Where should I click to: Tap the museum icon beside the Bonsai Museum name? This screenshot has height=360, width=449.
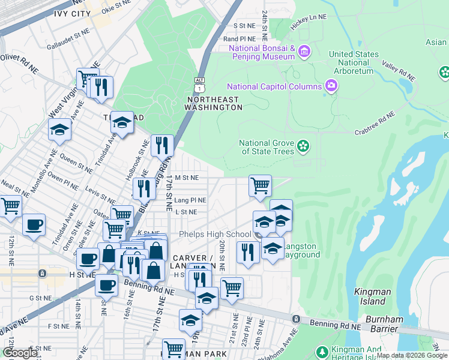pos(304,52)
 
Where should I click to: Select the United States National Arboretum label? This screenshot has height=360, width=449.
pos(354,62)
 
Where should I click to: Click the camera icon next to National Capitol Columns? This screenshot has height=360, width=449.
pos(331,86)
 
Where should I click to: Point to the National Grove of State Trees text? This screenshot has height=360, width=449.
pos(267,147)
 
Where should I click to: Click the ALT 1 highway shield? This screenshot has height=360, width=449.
pos(199,83)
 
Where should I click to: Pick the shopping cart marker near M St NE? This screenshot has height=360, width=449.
pos(260,185)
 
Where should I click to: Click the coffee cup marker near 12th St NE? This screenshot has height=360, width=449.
pos(34,225)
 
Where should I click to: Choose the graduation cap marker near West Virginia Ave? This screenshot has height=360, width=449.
pos(59,130)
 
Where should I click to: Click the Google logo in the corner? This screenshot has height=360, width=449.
pos(20,353)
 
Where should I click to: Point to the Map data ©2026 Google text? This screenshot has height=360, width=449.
pos(412,355)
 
